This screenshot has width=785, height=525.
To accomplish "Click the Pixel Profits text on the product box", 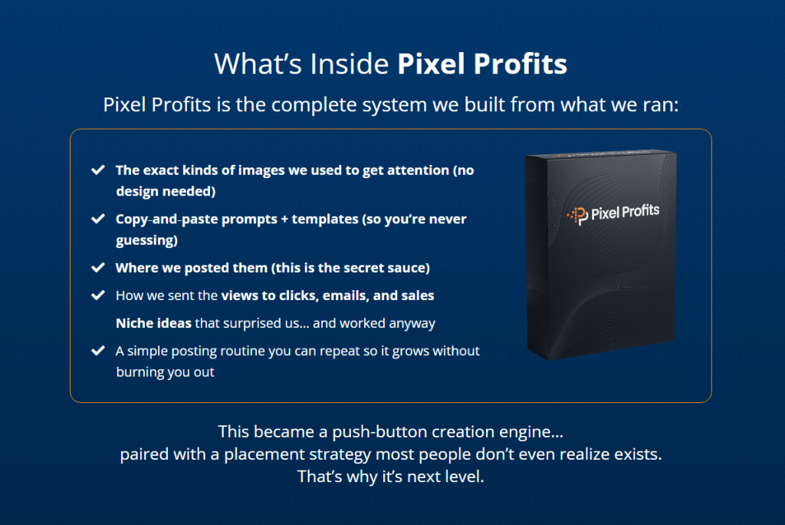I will tap(625, 213).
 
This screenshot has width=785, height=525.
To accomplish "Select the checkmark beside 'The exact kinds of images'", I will tap(98, 170).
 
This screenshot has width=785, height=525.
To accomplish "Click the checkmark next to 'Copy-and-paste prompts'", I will tap(98, 219).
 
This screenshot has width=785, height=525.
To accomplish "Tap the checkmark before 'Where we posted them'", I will tap(98, 268).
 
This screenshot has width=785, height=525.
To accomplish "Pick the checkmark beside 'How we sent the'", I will tap(98, 295).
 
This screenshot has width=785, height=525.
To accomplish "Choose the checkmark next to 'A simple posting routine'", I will tap(98, 351).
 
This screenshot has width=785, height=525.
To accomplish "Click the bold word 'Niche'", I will tap(133, 323).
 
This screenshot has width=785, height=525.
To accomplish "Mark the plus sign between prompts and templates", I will tap(284, 219).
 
